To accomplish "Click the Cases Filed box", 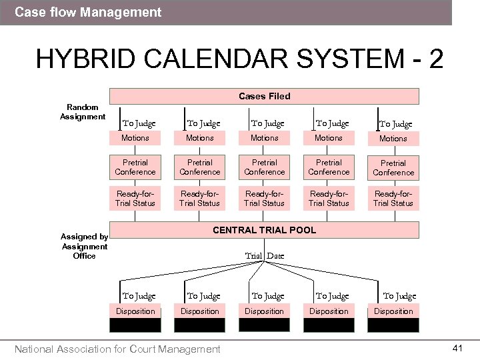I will (x=265, y=97).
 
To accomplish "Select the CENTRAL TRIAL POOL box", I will (x=265, y=231).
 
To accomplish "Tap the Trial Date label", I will (x=265, y=256).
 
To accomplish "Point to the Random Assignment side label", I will (x=83, y=112).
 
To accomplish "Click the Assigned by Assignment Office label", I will (x=85, y=246).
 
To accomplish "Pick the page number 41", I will (x=457, y=348).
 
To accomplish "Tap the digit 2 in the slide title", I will (x=436, y=59).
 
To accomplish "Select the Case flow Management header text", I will (x=88, y=12).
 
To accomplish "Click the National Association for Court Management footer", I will (x=117, y=349).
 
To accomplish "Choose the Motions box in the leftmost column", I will (x=135, y=138).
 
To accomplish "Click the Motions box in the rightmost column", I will (x=393, y=139).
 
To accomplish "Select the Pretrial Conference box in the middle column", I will (x=265, y=167).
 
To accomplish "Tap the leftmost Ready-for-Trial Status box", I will (x=135, y=199).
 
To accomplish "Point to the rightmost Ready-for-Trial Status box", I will (x=393, y=199).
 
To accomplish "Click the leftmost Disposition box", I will (x=135, y=311).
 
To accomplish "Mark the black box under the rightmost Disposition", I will (x=393, y=325).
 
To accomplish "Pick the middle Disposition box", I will (x=265, y=311).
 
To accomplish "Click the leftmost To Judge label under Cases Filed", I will (x=139, y=123).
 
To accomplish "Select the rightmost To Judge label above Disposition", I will (x=399, y=297).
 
